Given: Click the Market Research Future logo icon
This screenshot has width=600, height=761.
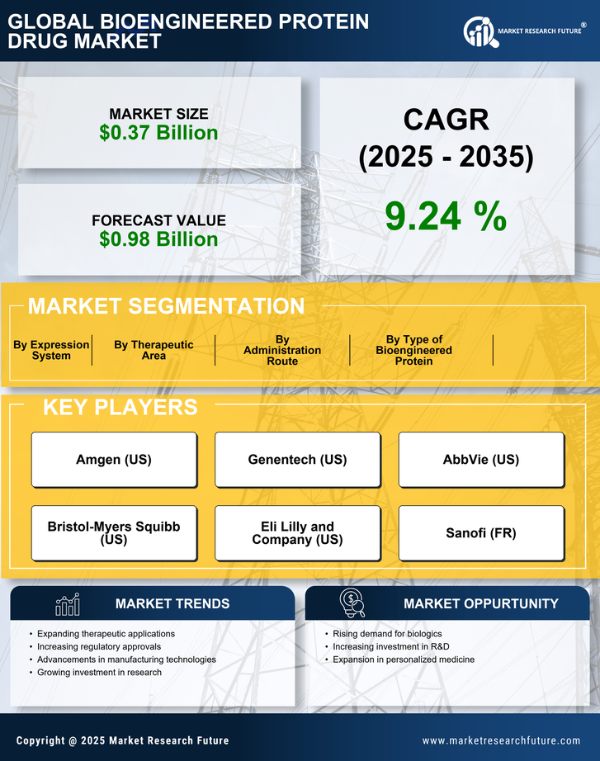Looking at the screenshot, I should click(x=479, y=32).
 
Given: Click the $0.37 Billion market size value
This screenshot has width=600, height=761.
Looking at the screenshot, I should click(x=158, y=133).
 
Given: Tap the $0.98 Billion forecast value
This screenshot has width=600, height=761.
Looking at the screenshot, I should click(x=158, y=239).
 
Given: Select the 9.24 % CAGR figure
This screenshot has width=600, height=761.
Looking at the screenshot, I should click(x=446, y=216).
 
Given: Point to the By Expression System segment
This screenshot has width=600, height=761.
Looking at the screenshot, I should click(x=51, y=350).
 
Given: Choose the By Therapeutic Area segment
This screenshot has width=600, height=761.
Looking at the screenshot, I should click(x=154, y=350).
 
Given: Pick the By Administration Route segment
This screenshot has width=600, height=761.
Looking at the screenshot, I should click(x=282, y=350).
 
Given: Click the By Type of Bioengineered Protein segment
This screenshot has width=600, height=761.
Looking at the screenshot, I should click(x=414, y=350).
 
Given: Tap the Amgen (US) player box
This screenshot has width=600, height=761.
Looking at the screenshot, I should click(x=114, y=460).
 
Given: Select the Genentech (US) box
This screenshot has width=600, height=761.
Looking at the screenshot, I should click(x=297, y=460).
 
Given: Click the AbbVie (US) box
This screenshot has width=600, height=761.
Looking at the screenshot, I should click(x=481, y=460).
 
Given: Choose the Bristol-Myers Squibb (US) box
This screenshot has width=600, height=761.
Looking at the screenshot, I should click(x=114, y=533).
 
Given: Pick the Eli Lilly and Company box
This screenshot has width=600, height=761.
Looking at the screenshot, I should click(x=297, y=533).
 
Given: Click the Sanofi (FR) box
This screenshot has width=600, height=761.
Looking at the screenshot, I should click(x=481, y=533).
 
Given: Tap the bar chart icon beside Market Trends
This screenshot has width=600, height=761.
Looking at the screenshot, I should click(x=67, y=604).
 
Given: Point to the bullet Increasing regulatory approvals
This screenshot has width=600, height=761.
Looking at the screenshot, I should click(x=99, y=646).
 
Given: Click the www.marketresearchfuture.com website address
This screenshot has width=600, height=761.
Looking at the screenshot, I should click(x=501, y=740).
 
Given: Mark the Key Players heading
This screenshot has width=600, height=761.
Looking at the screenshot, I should click(x=120, y=407).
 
